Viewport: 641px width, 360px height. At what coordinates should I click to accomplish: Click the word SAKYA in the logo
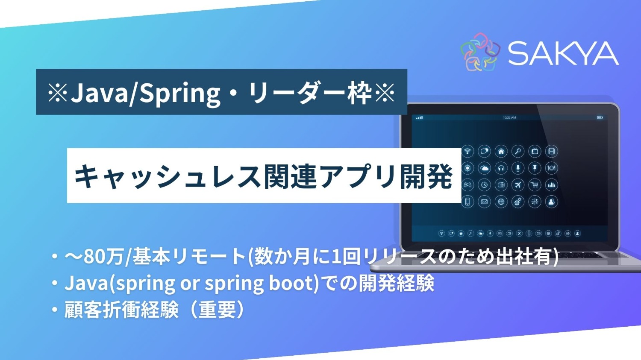tap(563, 54)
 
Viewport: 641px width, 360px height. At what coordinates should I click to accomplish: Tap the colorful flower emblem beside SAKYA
tap(480, 52)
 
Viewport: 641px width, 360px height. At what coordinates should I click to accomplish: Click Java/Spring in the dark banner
tap(145, 93)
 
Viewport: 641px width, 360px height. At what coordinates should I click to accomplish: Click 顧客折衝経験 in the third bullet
tap(121, 310)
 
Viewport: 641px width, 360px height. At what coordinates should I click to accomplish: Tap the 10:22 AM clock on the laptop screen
tap(509, 117)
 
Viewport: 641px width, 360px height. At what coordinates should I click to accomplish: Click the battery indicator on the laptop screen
tap(600, 117)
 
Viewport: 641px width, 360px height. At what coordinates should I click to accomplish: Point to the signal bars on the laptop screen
tap(419, 117)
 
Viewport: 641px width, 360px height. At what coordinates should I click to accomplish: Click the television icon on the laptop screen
tap(535, 151)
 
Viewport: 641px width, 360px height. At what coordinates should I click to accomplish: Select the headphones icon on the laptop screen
tap(501, 168)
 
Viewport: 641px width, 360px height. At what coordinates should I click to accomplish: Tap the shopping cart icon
tap(535, 185)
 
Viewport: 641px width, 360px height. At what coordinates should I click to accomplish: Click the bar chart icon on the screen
tap(551, 185)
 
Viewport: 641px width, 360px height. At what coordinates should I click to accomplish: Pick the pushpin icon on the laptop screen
tap(535, 168)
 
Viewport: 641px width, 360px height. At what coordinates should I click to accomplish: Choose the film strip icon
tap(551, 151)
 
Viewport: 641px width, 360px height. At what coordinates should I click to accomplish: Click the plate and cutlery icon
tap(551, 168)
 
